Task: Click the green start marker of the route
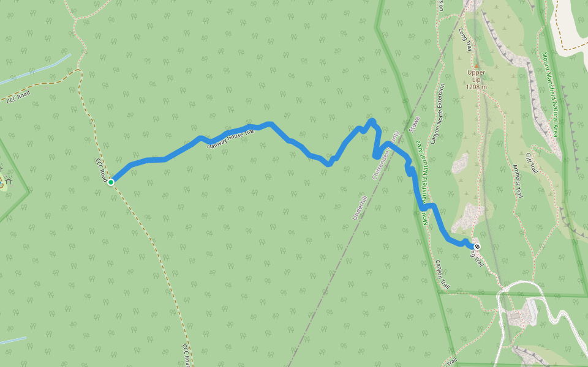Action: coord(111,182)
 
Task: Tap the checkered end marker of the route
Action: coord(477,247)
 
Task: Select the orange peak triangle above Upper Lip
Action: coord(476,65)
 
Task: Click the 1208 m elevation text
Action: coord(476,87)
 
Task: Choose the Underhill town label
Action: coord(359,208)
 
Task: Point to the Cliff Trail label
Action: coord(530,161)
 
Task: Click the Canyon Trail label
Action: coord(442,273)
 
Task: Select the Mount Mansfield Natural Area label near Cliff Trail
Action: coord(549,95)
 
